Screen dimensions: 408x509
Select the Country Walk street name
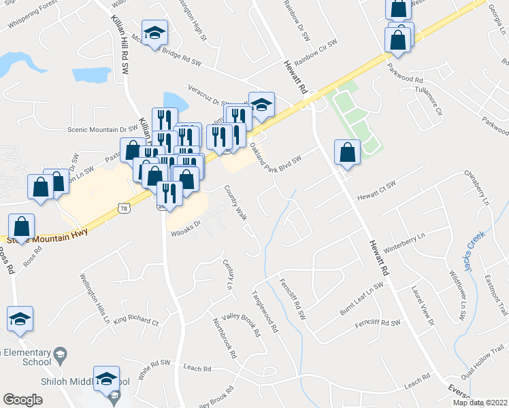click(235, 203)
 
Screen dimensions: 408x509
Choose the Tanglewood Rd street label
click(265, 312)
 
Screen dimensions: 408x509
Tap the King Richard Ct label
click(135, 319)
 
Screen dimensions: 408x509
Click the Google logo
click(22, 400)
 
